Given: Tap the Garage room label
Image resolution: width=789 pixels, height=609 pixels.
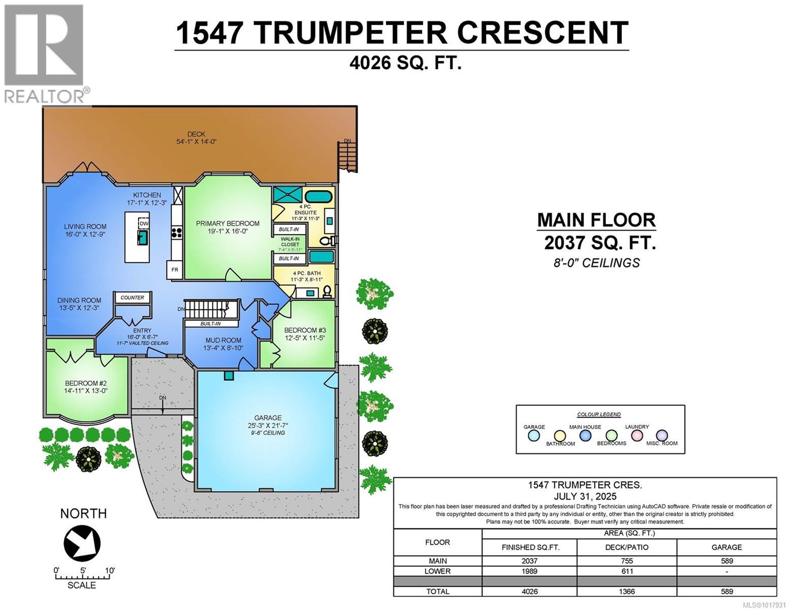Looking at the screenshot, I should pos(269,418).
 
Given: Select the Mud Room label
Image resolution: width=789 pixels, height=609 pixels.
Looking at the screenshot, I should pos(223,341).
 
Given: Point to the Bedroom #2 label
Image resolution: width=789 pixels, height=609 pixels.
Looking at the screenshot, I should pos(86,384).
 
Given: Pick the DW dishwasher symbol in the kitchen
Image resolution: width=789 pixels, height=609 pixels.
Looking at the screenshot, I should pos(144,223).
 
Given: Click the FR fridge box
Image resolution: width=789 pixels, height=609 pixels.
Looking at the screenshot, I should pos(174,269).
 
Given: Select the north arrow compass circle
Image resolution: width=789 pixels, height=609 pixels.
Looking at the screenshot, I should pos(82,542).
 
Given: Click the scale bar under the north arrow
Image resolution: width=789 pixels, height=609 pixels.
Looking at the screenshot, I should pos(83,577).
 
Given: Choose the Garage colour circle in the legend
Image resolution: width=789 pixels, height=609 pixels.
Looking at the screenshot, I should pos(533,435).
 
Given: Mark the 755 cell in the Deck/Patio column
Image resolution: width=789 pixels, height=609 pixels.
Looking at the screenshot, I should pos(627,561).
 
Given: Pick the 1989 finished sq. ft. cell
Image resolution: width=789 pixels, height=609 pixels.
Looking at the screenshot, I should pos(529,571).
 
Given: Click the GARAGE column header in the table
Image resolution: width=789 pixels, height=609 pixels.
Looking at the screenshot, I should pos(727,547).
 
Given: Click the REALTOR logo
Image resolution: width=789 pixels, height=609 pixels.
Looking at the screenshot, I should pos(44,53).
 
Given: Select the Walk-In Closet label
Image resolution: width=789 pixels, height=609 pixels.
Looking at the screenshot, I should pos(290,242).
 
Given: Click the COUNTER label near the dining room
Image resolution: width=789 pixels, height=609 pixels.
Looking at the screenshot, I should pos(132,298).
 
